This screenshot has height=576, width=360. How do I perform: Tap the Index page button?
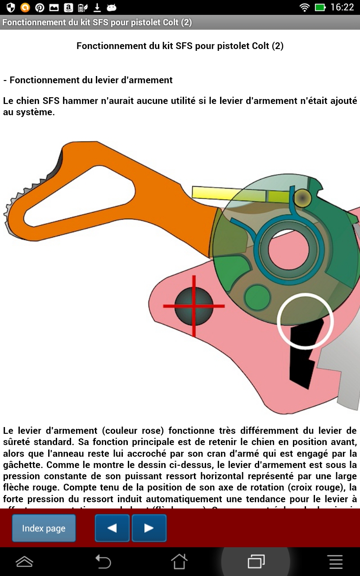pyautogui.click(x=44, y=528)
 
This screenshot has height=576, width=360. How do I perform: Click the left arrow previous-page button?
pyautogui.click(x=112, y=528)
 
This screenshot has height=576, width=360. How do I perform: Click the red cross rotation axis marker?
pyautogui.click(x=194, y=306)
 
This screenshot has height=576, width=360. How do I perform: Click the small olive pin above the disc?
pyautogui.click(x=303, y=198)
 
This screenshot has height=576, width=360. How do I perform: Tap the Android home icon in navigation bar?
pyautogui.click(x=179, y=562)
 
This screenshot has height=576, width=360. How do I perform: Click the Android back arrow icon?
pyautogui.click(x=103, y=562)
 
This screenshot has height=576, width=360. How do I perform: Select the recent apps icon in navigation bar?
pyautogui.click(x=256, y=562)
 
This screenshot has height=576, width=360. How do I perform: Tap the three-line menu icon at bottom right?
pyautogui.click(x=335, y=562)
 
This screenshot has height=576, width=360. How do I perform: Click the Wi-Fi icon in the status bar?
pyautogui.click(x=305, y=7)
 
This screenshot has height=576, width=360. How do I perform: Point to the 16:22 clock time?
pyautogui.click(x=342, y=7)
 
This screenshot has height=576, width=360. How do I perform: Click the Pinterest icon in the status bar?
pyautogui.click(x=40, y=7)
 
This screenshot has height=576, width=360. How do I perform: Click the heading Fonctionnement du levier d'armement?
pyautogui.click(x=88, y=80)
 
